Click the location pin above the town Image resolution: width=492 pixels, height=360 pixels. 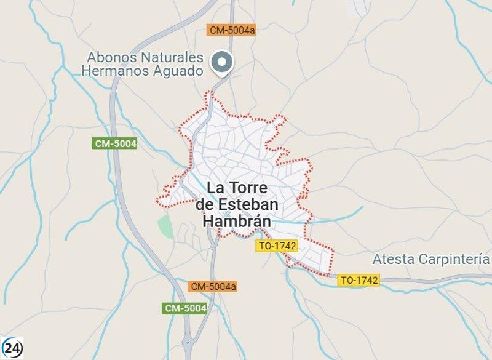point(222,63)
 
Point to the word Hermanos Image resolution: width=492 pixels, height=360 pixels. point(112,71)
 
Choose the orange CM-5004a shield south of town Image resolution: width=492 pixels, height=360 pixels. point(213,286)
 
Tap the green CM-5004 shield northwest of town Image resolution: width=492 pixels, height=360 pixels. point(115,143)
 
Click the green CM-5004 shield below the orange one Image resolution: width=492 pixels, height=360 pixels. point(185,308)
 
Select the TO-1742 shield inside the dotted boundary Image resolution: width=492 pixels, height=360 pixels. point(277,246)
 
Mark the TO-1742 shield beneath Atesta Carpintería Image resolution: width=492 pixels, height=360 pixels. point(359,280)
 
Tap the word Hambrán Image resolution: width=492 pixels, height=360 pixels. point(236,221)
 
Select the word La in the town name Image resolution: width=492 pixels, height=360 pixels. point(216,187)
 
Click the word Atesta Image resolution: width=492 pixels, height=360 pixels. point(394,259)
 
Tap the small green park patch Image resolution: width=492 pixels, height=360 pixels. point(165,226)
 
